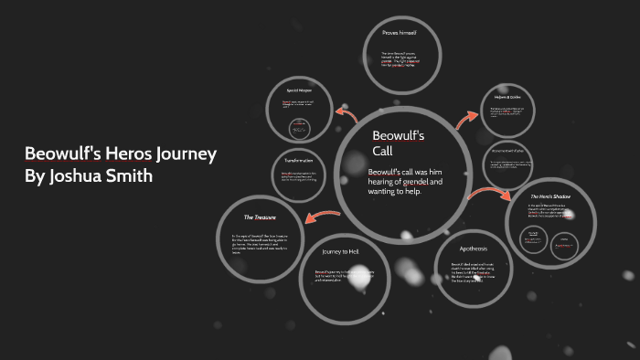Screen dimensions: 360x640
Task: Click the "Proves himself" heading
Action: pyautogui.click(x=399, y=33)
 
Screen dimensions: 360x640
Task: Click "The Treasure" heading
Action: pyautogui.click(x=259, y=217)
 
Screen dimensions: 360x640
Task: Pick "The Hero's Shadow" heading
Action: pyautogui.click(x=551, y=196)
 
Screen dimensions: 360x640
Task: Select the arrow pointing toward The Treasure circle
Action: pyautogui.click(x=313, y=217)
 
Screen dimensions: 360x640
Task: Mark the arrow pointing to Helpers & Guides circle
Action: pyautogui.click(x=467, y=118)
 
